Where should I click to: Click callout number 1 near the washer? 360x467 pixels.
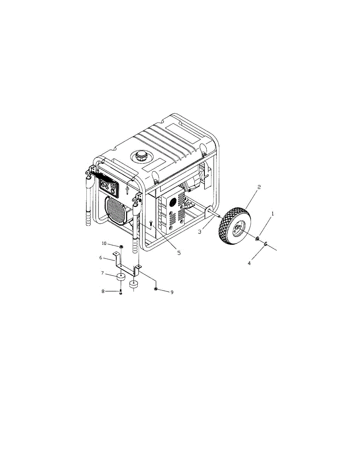[272, 214]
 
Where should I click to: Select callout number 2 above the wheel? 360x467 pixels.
[259, 187]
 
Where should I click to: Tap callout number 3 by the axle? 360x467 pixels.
[200, 232]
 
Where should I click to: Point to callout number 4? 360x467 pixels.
[249, 263]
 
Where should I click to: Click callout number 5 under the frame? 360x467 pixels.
[179, 253]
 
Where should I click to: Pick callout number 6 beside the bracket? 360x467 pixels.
[100, 258]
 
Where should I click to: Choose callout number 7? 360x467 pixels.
[102, 273]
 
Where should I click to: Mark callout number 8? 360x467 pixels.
[103, 291]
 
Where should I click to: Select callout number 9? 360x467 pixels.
[172, 292]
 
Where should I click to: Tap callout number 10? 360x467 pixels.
[104, 243]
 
